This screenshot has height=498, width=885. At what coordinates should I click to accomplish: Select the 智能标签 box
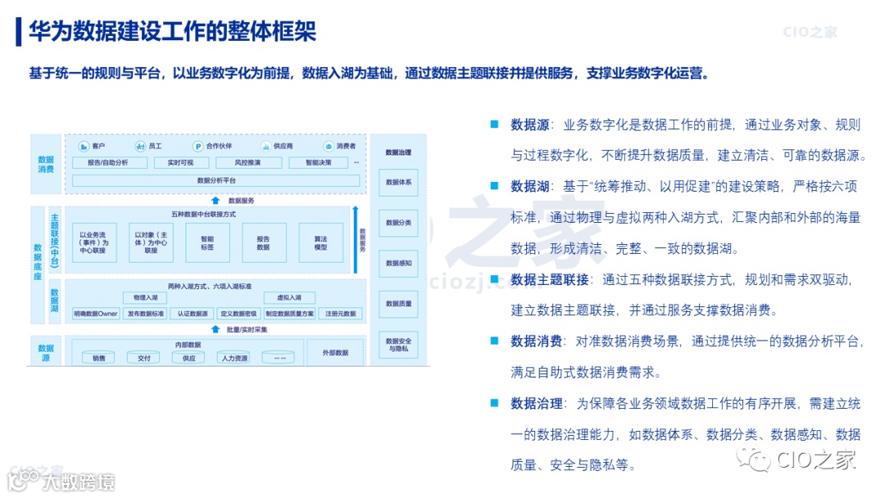coord(207,242)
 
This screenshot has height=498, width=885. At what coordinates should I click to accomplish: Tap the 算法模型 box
coord(320,242)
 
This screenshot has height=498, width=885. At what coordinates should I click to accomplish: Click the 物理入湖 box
coord(139,297)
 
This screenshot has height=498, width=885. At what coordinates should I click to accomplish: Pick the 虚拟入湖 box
coord(289,297)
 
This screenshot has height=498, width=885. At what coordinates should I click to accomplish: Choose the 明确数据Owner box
coord(96,314)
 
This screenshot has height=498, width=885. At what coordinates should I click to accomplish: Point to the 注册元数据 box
coord(340,314)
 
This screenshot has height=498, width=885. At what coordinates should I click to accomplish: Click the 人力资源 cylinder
coord(232,358)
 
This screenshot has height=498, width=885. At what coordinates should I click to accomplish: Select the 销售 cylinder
coord(98,358)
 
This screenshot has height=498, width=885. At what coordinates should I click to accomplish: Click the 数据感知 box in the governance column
coord(398,264)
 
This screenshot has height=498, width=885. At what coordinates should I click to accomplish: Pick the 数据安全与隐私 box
coord(398,344)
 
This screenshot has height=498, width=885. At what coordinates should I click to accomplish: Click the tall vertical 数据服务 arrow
coord(355,238)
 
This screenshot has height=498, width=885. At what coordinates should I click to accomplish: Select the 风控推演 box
coord(247,163)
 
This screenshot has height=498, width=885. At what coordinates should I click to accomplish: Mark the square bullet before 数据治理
coord(494,402)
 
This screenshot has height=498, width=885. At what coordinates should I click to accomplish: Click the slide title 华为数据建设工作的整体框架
coord(172,32)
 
